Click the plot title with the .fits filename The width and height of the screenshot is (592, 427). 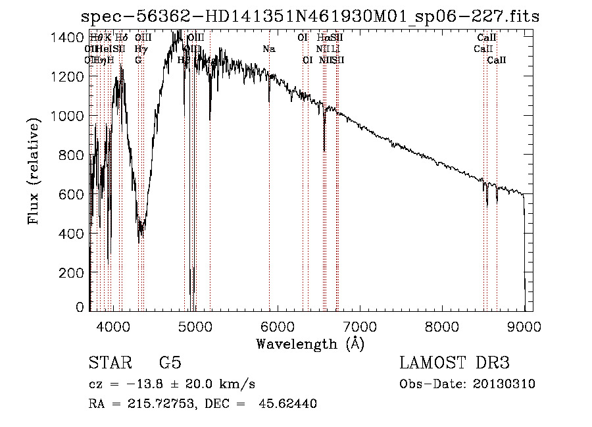coord(309,16)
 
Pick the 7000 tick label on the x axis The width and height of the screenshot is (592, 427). coord(359,326)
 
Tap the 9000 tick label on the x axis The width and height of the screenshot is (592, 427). coord(524,326)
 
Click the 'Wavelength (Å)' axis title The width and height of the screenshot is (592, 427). coord(309,343)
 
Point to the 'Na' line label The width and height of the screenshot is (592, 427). coord(268,49)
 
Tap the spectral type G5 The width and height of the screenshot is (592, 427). coord(170,363)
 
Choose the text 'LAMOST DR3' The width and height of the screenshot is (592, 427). coord(455,363)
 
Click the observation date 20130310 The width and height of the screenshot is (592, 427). coord(503,384)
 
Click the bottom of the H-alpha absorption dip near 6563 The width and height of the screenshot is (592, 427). coord(324,150)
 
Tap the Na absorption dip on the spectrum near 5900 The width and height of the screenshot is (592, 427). coord(269,101)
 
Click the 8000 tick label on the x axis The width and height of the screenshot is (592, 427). coord(441,326)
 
